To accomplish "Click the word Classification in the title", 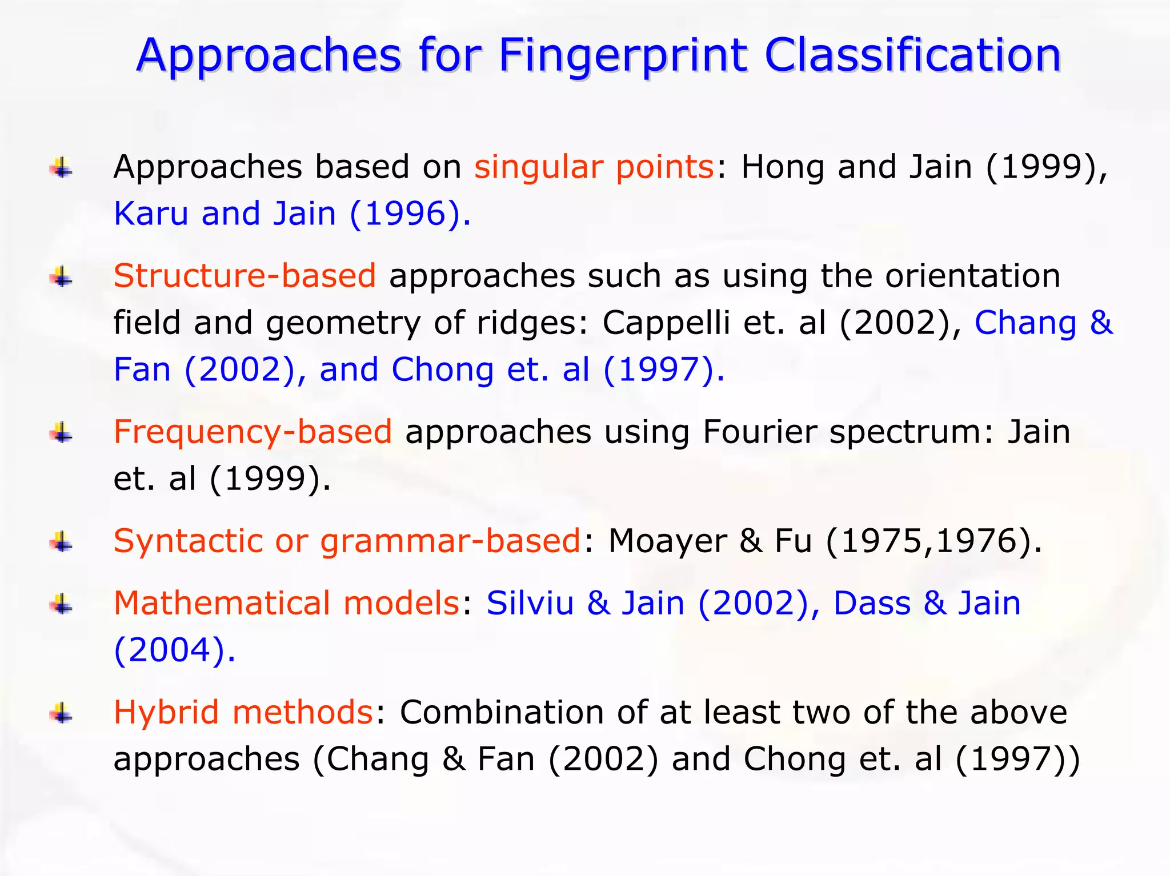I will (912, 55).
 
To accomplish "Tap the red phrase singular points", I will (594, 167).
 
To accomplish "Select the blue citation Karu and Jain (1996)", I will (292, 214).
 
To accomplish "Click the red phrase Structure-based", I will (245, 276).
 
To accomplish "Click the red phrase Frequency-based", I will (253, 432).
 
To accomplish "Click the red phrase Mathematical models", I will (287, 603).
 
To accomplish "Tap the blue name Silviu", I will (530, 603).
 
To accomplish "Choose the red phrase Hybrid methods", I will (243, 712).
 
